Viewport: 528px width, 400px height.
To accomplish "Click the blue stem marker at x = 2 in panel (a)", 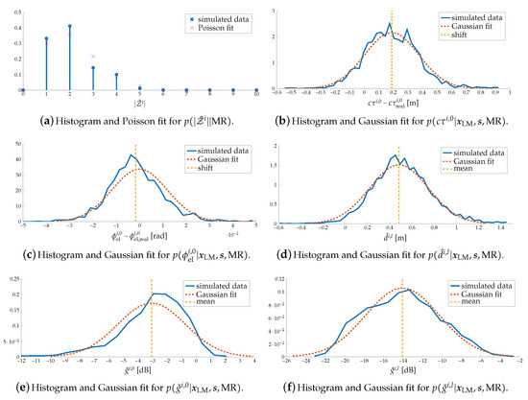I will click(69, 26).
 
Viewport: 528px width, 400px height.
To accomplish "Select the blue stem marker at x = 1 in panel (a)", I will click(46, 39).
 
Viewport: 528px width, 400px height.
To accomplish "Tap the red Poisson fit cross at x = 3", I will click(93, 57).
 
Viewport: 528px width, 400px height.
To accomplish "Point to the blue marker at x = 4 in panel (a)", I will click(116, 75).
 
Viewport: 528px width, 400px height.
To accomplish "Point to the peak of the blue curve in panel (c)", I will click(132, 154).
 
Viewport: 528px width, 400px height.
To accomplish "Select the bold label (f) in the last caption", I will click(307, 381).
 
